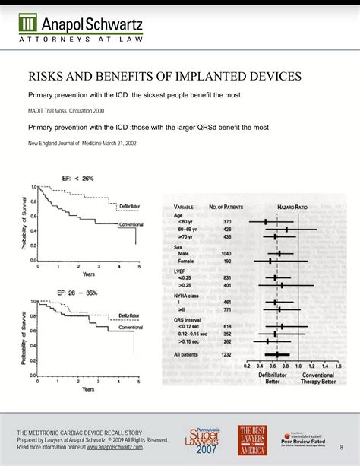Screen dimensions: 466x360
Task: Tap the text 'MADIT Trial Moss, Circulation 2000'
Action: click(66, 112)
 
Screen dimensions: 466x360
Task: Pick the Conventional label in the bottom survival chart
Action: click(125, 328)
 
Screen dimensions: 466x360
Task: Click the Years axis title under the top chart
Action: click(87, 274)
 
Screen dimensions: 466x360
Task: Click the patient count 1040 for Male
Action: click(227, 252)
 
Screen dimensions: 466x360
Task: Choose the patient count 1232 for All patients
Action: click(226, 354)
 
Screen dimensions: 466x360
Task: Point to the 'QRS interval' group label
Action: click(191, 319)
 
